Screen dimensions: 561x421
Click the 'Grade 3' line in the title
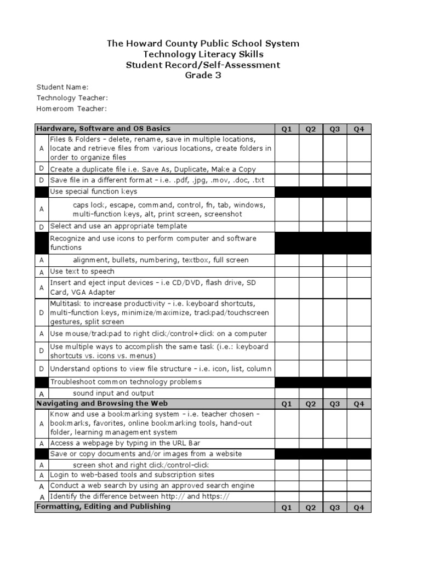point(203,76)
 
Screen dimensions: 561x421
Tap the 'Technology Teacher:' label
point(72,98)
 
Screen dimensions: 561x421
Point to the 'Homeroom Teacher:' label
point(71,108)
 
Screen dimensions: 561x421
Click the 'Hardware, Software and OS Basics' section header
point(103,129)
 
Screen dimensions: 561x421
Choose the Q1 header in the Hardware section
point(287,129)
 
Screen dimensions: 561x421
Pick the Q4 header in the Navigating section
point(359,404)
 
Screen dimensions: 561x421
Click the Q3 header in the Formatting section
point(334,507)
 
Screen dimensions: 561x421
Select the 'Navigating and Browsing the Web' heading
point(98,403)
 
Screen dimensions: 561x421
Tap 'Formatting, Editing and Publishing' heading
point(103,507)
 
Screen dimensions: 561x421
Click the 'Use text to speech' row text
point(82,271)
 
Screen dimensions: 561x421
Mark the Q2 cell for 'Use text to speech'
point(311,271)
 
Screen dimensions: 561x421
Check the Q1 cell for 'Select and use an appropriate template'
point(287,226)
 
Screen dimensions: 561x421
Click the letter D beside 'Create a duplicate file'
point(41,169)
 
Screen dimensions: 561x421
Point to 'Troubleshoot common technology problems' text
point(126,382)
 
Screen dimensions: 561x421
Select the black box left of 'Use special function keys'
point(41,192)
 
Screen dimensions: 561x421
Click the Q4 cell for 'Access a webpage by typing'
point(359,443)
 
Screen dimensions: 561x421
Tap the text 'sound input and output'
point(113,393)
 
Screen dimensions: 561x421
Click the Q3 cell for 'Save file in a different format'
point(334,180)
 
